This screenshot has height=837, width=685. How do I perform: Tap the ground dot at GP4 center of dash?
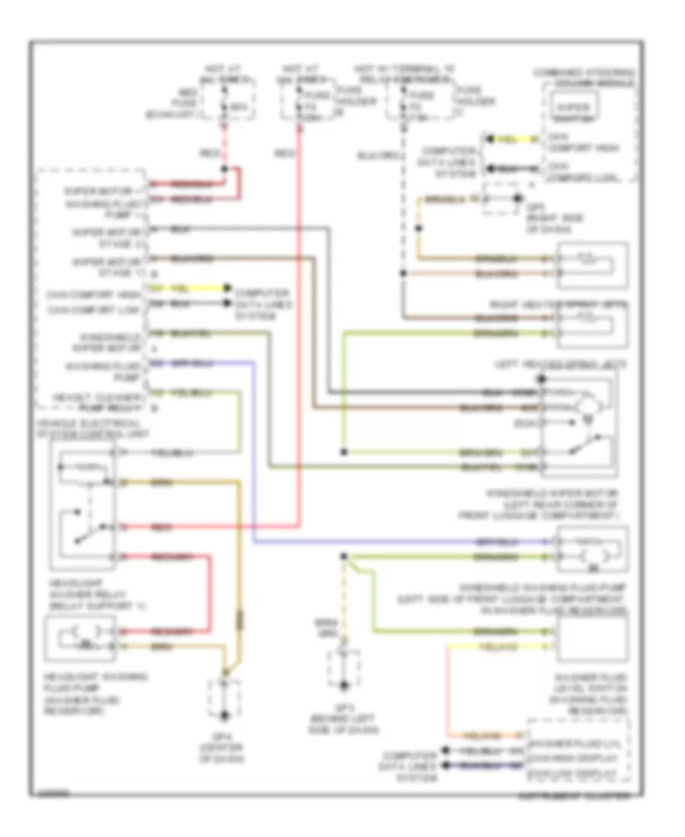225,715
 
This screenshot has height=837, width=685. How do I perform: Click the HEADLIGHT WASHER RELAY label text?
81,596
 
